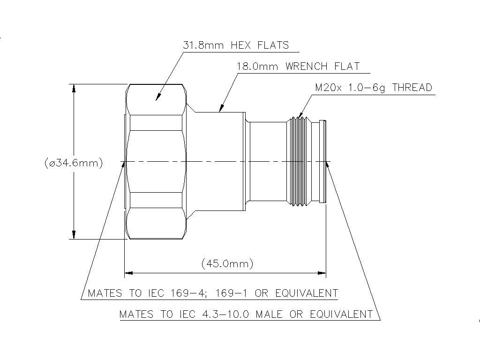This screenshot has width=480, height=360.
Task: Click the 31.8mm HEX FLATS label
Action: pyautogui.click(x=236, y=45)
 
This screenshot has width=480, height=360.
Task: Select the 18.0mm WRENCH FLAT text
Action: pyautogui.click(x=299, y=67)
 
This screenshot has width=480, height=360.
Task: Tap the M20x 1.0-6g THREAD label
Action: pyautogui.click(x=374, y=88)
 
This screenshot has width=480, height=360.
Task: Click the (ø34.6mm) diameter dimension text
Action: pyautogui.click(x=74, y=163)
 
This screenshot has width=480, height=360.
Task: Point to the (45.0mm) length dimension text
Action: pyautogui.click(x=227, y=263)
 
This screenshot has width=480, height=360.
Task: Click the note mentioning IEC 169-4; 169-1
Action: pyautogui.click(x=213, y=293)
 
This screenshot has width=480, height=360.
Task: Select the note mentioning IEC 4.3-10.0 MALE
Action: pyautogui.click(x=246, y=315)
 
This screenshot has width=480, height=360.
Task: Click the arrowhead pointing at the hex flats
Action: pyautogui.click(x=158, y=96)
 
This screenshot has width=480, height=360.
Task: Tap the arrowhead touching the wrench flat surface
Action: pyautogui.click(x=222, y=107)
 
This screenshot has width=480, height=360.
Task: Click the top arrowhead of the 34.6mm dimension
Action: pyautogui.click(x=74, y=88)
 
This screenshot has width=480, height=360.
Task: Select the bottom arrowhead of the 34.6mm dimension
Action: pyautogui.click(x=74, y=235)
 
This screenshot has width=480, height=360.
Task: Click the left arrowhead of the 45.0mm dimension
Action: pyautogui.click(x=128, y=273)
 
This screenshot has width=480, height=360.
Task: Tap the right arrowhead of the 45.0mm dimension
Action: pyautogui.click(x=322, y=273)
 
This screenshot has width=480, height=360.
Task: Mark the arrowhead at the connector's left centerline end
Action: pyautogui.click(x=123, y=166)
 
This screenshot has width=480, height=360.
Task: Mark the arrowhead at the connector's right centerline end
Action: pyautogui.click(x=329, y=166)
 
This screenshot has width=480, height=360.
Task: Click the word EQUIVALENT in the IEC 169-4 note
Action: pyautogui.click(x=307, y=293)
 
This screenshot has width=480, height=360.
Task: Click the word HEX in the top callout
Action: pyautogui.click(x=241, y=45)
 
